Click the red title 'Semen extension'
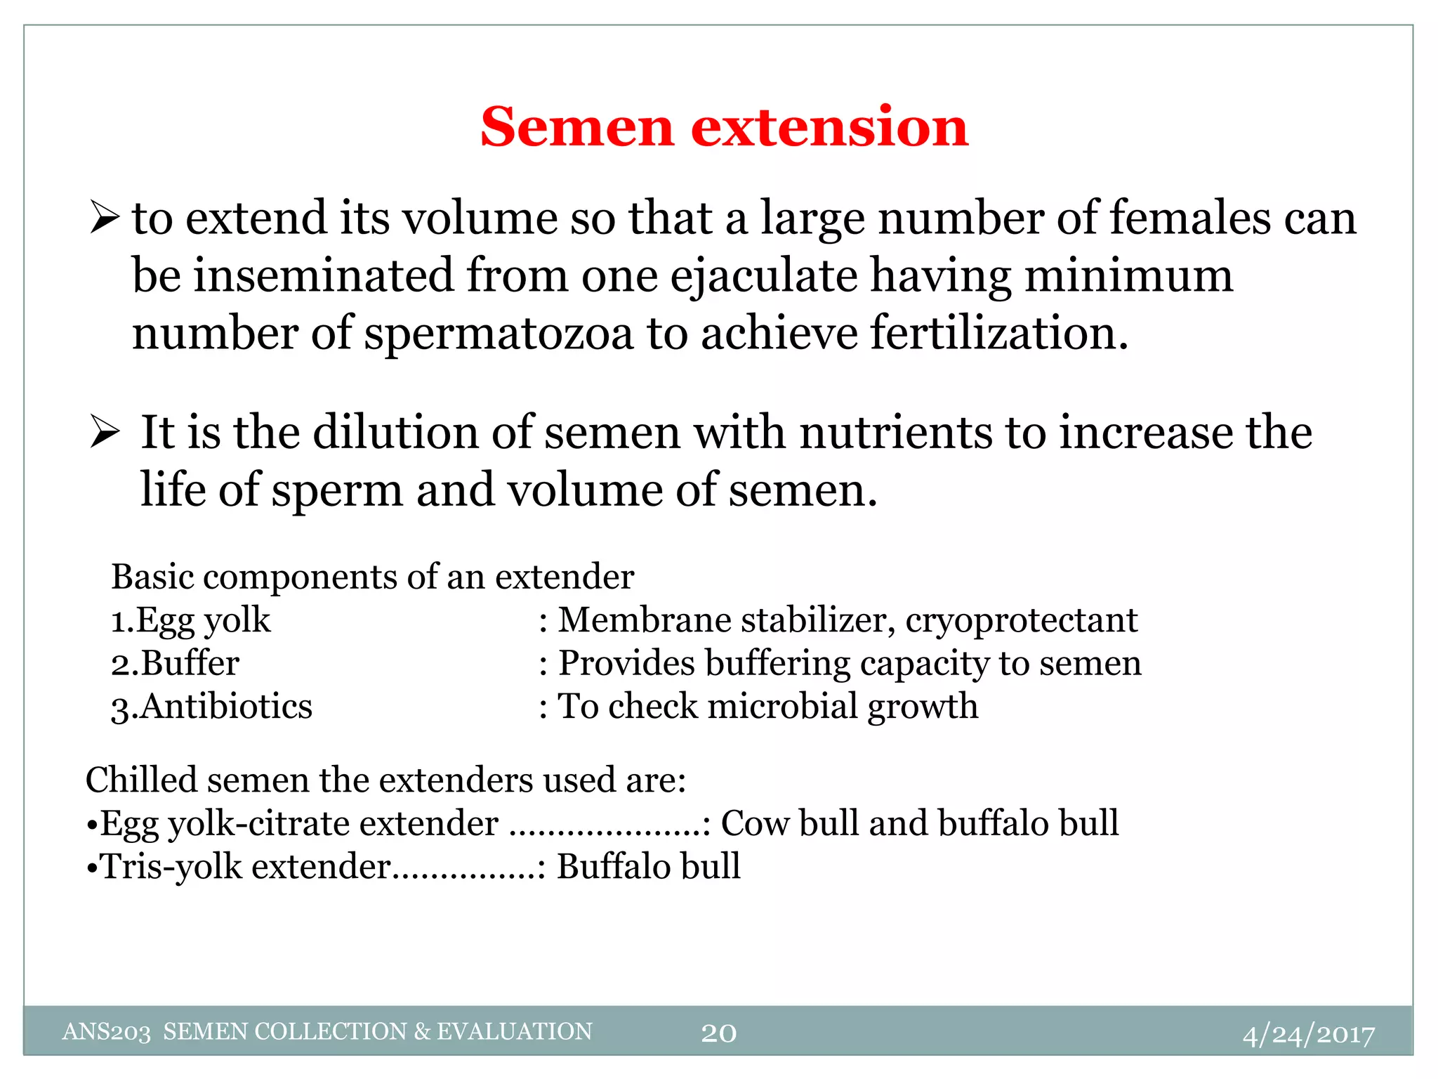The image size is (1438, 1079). point(724,127)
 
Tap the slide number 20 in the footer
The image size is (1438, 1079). point(718,1033)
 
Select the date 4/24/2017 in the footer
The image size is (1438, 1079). point(1308,1034)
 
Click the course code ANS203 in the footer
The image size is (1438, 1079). point(106,1032)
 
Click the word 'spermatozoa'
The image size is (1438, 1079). point(499,334)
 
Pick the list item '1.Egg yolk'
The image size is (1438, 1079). point(190,620)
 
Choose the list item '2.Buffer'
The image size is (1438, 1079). point(175,663)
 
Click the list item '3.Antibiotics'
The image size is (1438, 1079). point(211,706)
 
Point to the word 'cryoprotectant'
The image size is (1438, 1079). point(1021,620)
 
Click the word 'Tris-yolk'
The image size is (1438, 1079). point(172,866)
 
